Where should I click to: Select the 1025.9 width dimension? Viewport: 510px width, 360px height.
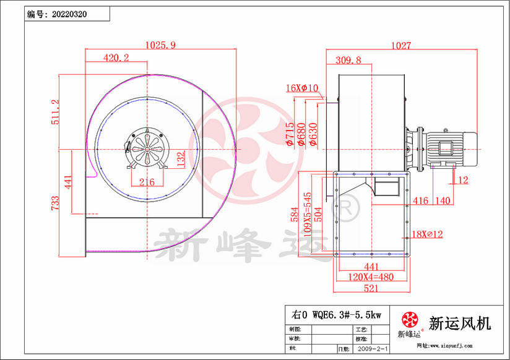[x=160, y=45]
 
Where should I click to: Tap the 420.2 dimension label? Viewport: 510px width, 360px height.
[x=116, y=58]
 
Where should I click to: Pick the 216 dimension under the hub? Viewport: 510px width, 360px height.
[x=146, y=182]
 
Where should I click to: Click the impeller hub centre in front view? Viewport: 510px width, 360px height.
[x=146, y=149]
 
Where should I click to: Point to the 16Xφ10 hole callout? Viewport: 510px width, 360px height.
[x=302, y=88]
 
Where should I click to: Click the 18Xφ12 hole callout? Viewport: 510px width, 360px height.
[x=427, y=234]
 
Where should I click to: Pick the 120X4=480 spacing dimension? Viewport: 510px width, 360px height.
[x=370, y=277]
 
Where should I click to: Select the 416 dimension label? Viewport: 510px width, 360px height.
[x=421, y=200]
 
